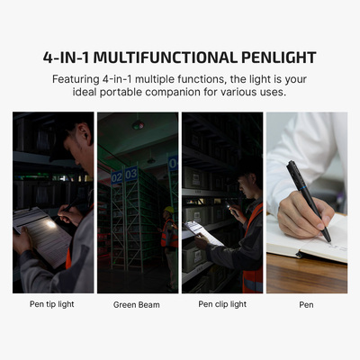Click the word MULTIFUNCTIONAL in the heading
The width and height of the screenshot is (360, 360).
click(x=170, y=58)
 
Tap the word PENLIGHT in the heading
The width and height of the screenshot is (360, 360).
click(x=275, y=58)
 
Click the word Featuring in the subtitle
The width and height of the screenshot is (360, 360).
click(x=79, y=79)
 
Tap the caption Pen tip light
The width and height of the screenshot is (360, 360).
click(x=53, y=304)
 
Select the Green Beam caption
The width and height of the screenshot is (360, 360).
click(x=137, y=304)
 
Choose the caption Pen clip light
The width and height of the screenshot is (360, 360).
click(x=221, y=304)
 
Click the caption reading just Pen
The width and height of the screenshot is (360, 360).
click(x=306, y=304)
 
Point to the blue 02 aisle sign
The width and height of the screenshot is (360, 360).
click(x=117, y=177)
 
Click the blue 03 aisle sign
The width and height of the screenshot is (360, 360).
click(x=131, y=174)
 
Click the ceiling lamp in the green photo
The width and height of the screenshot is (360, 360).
click(x=138, y=126)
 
